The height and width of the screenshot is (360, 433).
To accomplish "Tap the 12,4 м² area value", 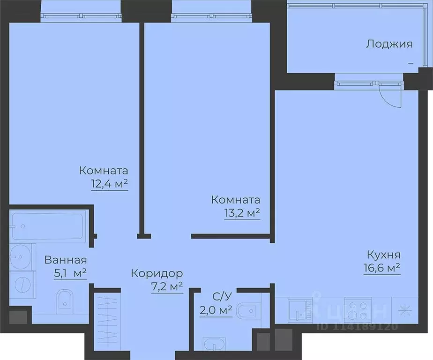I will [x=110, y=184].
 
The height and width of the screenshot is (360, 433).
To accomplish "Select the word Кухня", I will [x=383, y=255].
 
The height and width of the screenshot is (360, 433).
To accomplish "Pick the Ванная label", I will [x=65, y=261].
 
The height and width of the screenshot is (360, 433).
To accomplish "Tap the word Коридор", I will [x=157, y=273].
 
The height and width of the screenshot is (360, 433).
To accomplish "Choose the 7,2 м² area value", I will [x=166, y=286].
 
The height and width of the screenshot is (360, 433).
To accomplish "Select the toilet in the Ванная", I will [x=64, y=301].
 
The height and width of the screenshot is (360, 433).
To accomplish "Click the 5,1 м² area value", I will [x=71, y=273].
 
